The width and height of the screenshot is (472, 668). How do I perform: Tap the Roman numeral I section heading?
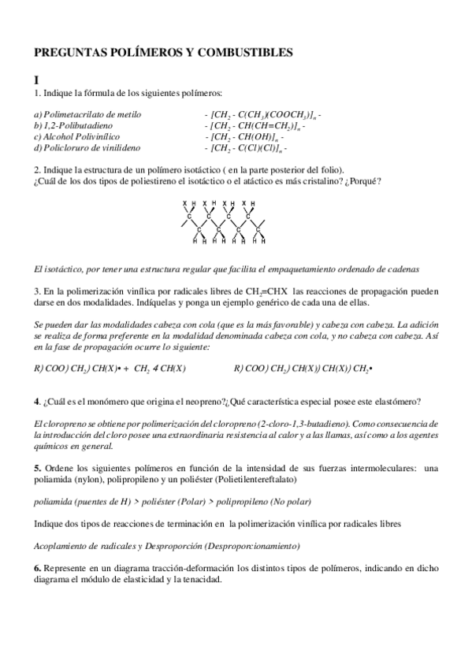tap(36, 80)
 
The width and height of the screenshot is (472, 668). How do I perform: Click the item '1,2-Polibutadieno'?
tap(74, 125)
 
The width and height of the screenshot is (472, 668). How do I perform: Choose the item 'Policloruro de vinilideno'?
tap(88, 147)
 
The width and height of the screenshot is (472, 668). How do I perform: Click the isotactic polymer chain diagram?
tap(224, 222)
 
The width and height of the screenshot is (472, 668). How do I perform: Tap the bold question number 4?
tap(36, 401)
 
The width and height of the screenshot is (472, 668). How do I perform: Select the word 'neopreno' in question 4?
tap(202, 401)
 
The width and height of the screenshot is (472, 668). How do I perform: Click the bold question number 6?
tap(36, 568)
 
